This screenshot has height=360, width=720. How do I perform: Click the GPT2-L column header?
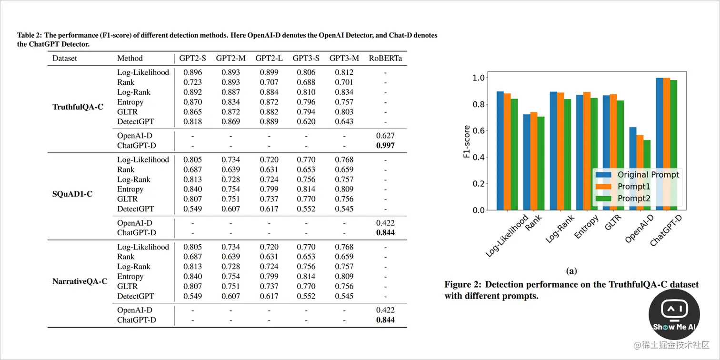click(x=269, y=58)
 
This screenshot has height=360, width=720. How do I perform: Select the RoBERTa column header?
click(x=385, y=58)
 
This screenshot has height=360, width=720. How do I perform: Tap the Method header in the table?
click(x=130, y=58)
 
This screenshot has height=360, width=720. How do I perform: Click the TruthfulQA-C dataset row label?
click(x=78, y=107)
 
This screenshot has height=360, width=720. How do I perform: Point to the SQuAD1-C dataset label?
click(x=72, y=194)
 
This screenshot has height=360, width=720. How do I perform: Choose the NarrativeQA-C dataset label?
click(x=80, y=281)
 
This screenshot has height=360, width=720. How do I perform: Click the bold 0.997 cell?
click(x=385, y=145)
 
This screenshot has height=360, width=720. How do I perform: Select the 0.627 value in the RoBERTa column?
click(x=385, y=136)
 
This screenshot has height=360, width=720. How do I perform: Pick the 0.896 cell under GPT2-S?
click(x=193, y=72)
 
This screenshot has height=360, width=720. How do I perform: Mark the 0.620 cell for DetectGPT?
click(x=306, y=121)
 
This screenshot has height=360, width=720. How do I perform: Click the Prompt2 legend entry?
click(x=633, y=199)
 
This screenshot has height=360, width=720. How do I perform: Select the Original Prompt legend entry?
click(x=648, y=174)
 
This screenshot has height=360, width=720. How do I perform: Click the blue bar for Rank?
click(x=526, y=162)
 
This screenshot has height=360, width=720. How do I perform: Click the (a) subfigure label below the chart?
click(x=571, y=271)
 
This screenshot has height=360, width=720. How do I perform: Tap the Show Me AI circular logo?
click(x=674, y=314)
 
